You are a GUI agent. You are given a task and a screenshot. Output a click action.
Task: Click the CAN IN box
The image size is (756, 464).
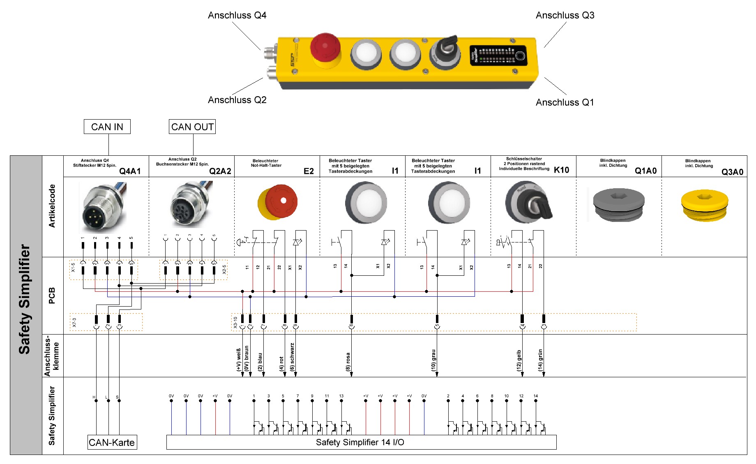pyautogui.click(x=107, y=127)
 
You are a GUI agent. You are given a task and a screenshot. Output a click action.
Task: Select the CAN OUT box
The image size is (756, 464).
pyautogui.click(x=192, y=127)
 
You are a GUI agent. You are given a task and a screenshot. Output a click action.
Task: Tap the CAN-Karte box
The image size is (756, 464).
pyautogui.click(x=112, y=442)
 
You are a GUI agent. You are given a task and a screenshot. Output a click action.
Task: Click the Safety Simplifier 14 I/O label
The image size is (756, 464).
pyautogui.click(x=360, y=442)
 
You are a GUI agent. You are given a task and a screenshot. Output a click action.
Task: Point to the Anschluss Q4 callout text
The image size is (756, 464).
pyautogui.click(x=237, y=15)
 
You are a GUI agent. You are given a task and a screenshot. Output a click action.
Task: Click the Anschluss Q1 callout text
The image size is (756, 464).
pyautogui.click(x=565, y=102)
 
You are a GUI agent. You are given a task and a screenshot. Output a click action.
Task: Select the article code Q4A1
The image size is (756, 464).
pyautogui.click(x=130, y=171)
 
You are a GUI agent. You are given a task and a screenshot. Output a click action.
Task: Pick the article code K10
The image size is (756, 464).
pyautogui.click(x=561, y=170)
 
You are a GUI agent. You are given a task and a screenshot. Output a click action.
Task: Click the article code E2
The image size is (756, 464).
pyautogui.click(x=309, y=171)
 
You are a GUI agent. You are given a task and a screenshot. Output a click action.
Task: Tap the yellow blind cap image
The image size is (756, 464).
pyautogui.click(x=704, y=205)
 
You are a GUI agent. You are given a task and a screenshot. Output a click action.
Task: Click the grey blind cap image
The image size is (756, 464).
pyautogui.click(x=618, y=204)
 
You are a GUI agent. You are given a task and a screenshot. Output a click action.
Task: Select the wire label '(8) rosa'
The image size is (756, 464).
pyautogui.click(x=348, y=362)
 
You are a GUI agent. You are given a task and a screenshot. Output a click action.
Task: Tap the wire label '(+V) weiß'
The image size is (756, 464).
pyautogui.click(x=239, y=360)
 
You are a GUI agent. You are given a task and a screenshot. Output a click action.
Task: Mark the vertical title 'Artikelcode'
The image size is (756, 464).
pyautogui.click(x=52, y=206)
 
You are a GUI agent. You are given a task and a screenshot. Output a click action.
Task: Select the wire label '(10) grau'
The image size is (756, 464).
pyautogui.click(x=433, y=360)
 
